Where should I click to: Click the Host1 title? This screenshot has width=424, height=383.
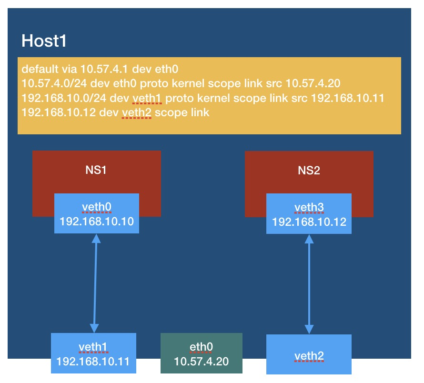44,41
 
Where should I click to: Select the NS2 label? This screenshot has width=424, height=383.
309,171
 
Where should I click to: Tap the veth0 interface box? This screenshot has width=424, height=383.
97,213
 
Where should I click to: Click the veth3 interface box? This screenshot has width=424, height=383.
309,213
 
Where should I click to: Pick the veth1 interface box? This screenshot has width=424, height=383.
94,353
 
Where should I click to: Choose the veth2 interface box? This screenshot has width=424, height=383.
309,354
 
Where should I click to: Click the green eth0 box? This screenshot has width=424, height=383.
202,353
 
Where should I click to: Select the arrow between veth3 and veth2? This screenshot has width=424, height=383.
310,284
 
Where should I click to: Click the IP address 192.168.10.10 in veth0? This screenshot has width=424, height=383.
97,222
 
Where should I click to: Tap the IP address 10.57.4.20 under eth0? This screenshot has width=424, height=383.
202,361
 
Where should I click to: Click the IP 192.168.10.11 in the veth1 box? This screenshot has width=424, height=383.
94,361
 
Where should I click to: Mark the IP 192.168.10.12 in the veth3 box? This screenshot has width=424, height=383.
309,222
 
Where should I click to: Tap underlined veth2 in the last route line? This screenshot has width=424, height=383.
137,113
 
